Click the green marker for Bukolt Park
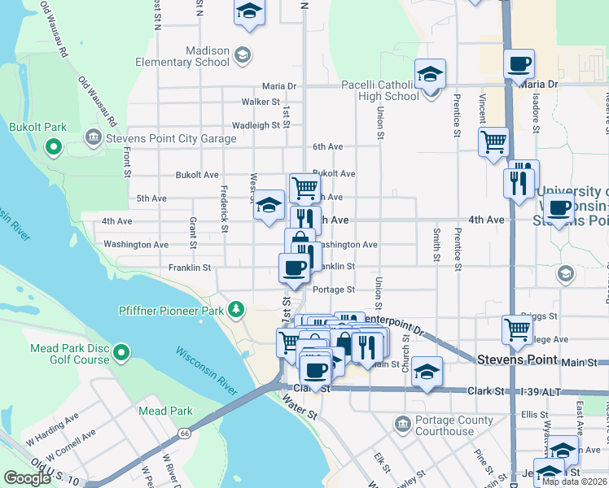pyautogui.click(x=54, y=147)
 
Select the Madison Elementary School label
pyautogui.click(x=208, y=55)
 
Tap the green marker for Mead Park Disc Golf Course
pyautogui.click(x=121, y=352)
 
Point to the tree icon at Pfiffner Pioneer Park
pyautogui.click(x=236, y=308)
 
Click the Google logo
pyautogui.click(x=27, y=478)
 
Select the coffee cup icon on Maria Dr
pyautogui.click(x=519, y=64)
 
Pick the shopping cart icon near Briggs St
pyautogui.click(x=517, y=329)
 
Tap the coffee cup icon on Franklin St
pyautogui.click(x=295, y=268)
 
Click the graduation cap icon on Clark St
pyautogui.click(x=427, y=371)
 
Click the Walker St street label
pyautogui.click(x=261, y=102)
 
